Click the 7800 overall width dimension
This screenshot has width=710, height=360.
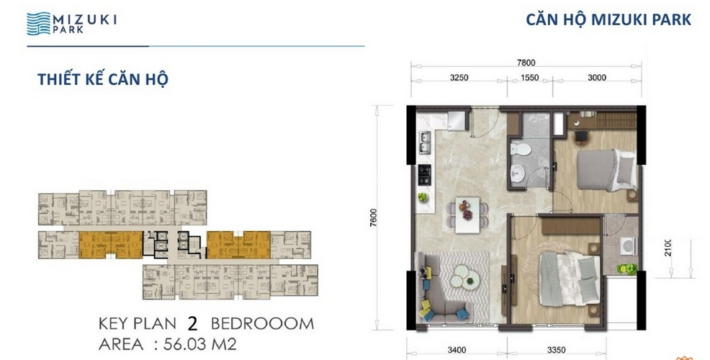tap(526, 63)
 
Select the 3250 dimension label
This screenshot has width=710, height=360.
tap(459, 78)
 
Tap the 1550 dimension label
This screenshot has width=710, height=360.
tap(529, 78)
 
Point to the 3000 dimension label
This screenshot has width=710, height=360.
tap(597, 78)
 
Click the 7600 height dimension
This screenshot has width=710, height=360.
tap(374, 218)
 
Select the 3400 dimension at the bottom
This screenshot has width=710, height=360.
tap(457, 350)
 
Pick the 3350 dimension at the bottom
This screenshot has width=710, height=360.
tap(557, 350)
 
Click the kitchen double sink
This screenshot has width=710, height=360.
tap(425, 142)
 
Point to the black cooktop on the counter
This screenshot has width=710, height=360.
tap(424, 175)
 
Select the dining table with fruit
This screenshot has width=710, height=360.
tap(467, 215)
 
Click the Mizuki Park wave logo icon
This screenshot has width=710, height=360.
tap(38, 24)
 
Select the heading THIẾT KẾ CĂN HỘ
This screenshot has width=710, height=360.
tap(103, 79)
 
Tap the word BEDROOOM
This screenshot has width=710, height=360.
tap(262, 324)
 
